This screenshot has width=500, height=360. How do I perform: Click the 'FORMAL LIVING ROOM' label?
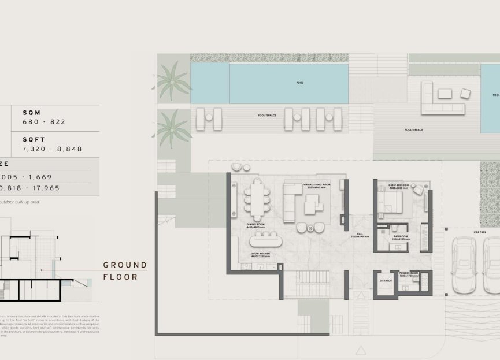[316, 185]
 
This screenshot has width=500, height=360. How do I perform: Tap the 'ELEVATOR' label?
[386, 280]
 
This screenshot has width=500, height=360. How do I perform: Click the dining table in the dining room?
[255, 200]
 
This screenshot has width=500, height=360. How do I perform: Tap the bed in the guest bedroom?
[391, 202]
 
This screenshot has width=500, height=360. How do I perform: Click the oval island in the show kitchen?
[264, 239]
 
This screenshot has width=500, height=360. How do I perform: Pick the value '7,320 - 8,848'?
[52, 149]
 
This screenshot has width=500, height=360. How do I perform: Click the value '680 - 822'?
[44, 122]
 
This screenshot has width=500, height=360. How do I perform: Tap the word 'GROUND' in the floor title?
[125, 265]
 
